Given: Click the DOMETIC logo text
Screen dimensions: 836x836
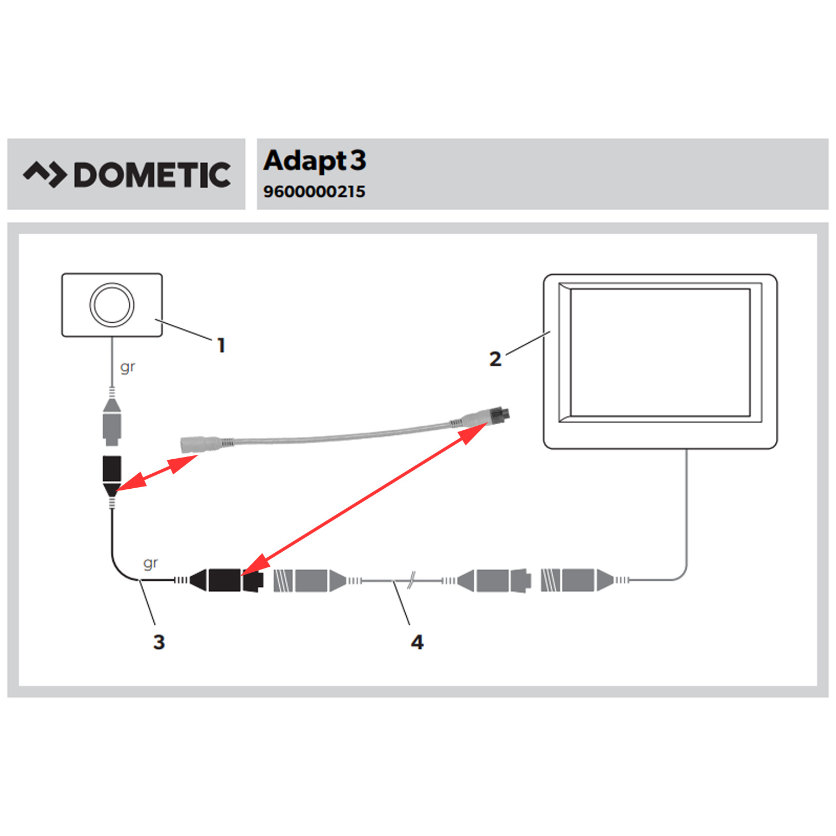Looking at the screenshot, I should (x=152, y=175).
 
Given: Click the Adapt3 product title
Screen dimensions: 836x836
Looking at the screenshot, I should (x=315, y=161).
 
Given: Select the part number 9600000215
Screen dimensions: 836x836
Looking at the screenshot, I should (x=314, y=192).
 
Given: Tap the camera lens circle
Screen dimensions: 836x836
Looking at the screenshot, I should (x=112, y=304).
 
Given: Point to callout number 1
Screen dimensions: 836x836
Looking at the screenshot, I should (x=221, y=346).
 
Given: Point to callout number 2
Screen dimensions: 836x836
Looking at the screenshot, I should (x=495, y=359).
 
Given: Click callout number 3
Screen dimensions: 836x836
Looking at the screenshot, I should (x=159, y=642).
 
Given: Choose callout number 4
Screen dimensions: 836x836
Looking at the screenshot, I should (x=417, y=642).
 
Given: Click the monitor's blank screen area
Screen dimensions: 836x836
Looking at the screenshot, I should (x=660, y=352).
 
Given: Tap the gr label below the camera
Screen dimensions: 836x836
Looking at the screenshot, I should (x=128, y=367).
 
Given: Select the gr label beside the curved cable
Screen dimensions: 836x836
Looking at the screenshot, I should (x=150, y=563).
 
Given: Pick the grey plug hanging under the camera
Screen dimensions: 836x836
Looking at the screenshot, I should (x=112, y=424).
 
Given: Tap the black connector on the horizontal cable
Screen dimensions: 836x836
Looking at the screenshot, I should (x=226, y=580).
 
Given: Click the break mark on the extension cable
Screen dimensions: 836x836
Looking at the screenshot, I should (x=411, y=580).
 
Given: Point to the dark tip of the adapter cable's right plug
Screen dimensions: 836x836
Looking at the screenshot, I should (x=504, y=414).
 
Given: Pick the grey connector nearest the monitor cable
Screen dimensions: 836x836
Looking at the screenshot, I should (x=580, y=580).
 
